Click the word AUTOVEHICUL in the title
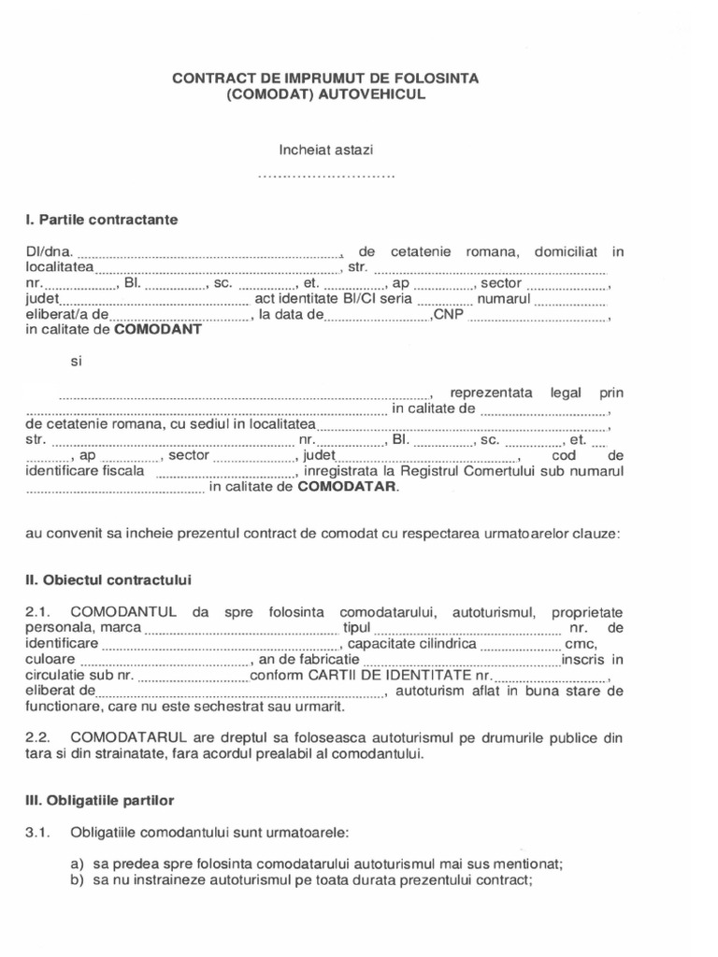click(373, 95)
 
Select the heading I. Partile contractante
click(102, 220)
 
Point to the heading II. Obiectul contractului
click(108, 580)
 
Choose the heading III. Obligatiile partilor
click(99, 801)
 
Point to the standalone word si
click(78, 361)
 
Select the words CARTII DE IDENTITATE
click(390, 676)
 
